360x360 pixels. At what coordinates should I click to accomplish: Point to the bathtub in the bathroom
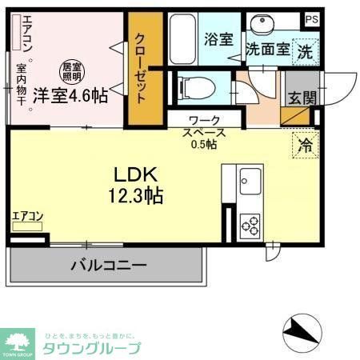(182, 39)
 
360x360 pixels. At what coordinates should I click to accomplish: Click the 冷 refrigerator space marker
(305, 146)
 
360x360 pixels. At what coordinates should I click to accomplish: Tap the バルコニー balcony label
(107, 266)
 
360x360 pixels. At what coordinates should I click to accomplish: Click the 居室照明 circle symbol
(72, 70)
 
